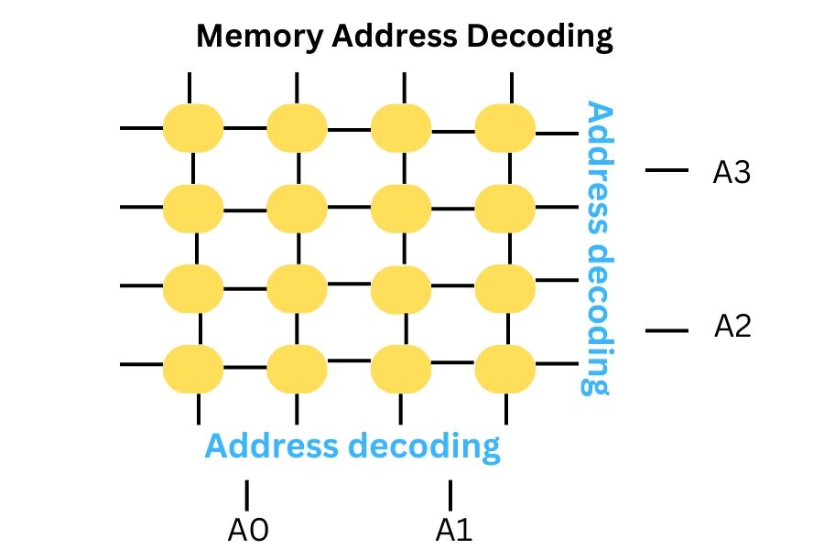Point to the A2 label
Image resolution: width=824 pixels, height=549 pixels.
point(732,327)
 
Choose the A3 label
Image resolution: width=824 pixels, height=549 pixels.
point(732,172)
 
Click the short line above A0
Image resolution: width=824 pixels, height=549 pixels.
point(246,494)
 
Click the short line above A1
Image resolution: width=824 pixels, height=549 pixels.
point(450,494)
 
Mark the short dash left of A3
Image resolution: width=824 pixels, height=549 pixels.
point(667,170)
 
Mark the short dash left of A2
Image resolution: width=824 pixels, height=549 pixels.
point(667,330)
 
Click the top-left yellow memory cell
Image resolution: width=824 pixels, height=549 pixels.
point(193,128)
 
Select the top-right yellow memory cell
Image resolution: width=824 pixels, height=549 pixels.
point(504,128)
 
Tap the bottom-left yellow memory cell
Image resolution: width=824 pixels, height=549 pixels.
point(193,368)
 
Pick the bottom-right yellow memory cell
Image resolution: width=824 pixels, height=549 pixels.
point(504,368)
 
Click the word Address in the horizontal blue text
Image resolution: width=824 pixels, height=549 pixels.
point(271,447)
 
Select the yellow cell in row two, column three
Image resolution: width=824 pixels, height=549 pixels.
point(401,208)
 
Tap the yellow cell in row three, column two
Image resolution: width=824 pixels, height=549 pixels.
point(298,288)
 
